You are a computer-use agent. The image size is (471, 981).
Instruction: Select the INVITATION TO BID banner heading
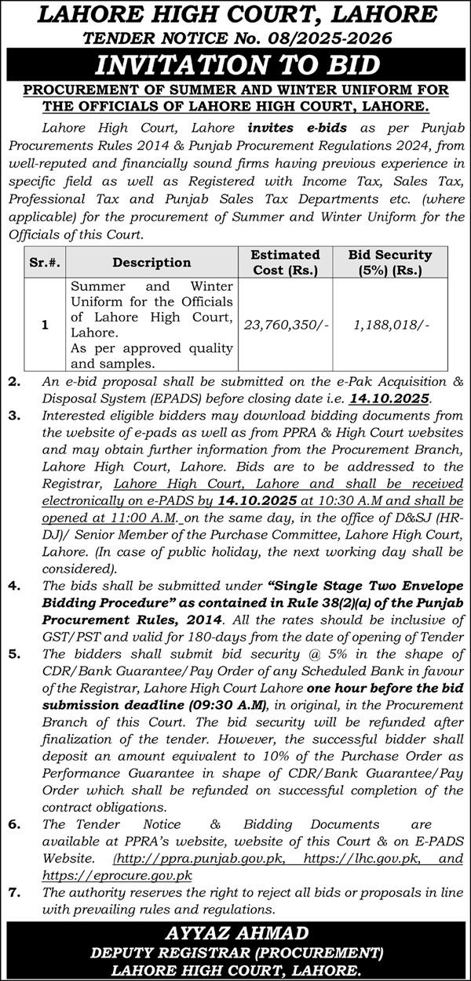(x=235, y=64)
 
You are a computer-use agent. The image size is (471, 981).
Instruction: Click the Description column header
(x=152, y=263)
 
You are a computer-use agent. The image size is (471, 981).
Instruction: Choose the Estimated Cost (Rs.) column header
(x=284, y=263)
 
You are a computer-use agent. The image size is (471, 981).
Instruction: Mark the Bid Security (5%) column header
(x=389, y=263)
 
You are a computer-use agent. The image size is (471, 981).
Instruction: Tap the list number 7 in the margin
(x=13, y=892)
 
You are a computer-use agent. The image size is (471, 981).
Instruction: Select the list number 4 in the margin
(x=13, y=586)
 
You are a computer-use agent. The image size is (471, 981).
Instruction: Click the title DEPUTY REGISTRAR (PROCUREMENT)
(x=235, y=952)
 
